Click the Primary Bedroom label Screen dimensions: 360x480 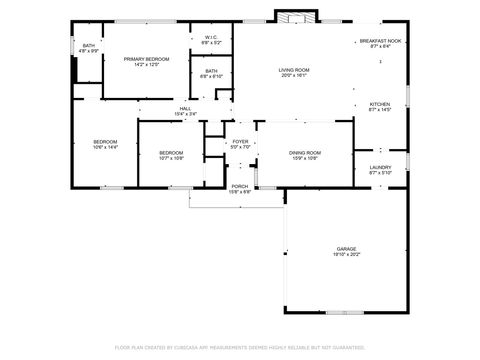[146, 60]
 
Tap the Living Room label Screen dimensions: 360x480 [294, 69]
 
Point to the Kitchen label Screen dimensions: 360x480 [380, 104]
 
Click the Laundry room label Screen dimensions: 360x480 [380, 167]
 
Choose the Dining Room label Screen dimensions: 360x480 [304, 152]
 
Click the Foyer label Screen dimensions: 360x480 [240, 142]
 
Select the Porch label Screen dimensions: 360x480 [240, 186]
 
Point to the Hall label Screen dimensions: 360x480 [185, 108]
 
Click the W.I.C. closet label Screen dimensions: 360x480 [211, 37]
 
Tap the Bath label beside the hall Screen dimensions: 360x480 [211, 71]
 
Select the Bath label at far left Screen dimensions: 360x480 [89, 45]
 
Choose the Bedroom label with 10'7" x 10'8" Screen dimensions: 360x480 [171, 152]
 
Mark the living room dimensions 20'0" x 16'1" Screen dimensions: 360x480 [294, 75]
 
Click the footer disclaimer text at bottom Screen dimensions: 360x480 [240, 347]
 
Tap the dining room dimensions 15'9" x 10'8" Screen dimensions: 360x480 [304, 158]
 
